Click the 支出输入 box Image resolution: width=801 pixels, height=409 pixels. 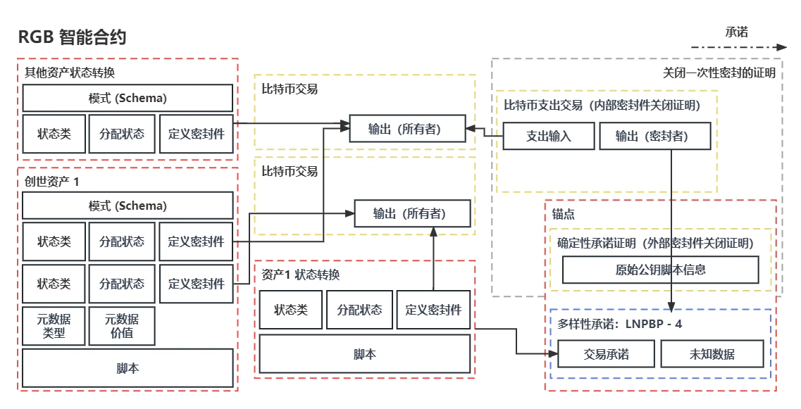coord(549,137)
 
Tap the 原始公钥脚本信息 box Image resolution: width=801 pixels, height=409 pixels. coord(660,270)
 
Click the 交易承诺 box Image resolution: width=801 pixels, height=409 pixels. coord(607,354)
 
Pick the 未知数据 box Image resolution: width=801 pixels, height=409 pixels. coord(712,354)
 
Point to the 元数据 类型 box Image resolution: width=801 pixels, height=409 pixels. coord(54,326)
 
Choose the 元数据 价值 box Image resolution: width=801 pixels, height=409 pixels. coord(122,326)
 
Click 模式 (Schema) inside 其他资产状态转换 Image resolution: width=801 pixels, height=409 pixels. coord(128,98)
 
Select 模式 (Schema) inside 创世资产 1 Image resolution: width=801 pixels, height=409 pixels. coord(128,206)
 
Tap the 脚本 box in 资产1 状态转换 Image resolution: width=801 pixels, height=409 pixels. coord(364,353)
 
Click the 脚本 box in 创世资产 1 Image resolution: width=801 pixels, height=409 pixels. coord(128,368)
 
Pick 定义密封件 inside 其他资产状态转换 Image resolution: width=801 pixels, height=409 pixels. coord(196,133)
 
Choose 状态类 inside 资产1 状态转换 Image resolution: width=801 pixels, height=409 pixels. coord(290,310)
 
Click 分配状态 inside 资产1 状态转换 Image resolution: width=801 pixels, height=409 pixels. coord(359,310)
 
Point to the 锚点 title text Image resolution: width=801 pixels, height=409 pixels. coord(564,214)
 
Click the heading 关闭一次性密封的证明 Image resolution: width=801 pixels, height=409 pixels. coord(719,73)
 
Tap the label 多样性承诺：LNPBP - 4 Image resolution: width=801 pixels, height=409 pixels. coord(619,325)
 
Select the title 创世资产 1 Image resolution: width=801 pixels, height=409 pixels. coord(52,181)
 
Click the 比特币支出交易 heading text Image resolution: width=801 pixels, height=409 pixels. coord(543,106)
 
